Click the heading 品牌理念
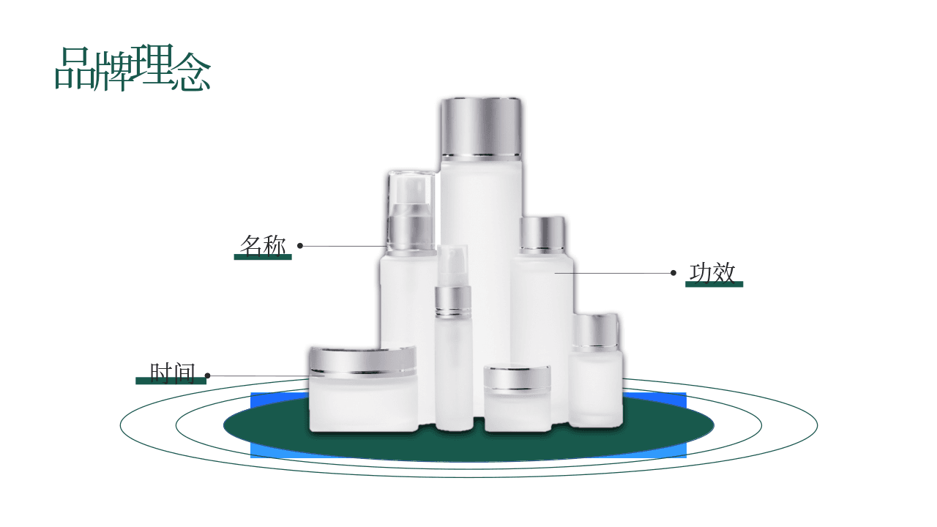(x=132, y=68)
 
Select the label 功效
(x=712, y=273)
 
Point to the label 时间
(x=172, y=373)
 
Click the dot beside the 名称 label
(x=300, y=245)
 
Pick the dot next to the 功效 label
(x=673, y=273)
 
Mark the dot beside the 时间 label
(x=207, y=375)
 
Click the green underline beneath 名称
(x=263, y=257)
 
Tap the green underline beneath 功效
(x=714, y=285)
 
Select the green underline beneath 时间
(x=171, y=381)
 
